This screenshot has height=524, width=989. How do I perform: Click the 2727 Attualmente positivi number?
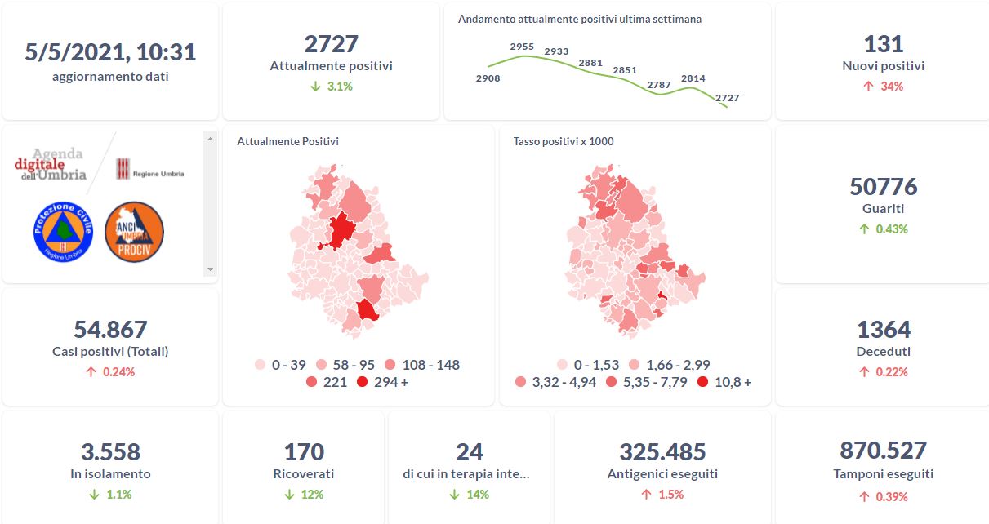331,44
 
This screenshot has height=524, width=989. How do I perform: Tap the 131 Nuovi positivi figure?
883,44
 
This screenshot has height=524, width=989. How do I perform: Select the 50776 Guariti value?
883,187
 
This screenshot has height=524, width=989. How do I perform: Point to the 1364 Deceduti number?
883,330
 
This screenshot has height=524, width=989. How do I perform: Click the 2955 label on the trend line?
522,47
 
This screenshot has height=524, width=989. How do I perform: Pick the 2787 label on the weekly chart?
658,85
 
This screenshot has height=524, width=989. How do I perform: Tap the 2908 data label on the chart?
488,78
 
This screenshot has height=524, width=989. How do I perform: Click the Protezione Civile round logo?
63,232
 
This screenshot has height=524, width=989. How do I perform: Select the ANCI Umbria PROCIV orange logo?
135,232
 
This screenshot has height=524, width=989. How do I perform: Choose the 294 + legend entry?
382,382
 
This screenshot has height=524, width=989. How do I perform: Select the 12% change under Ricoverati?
303,495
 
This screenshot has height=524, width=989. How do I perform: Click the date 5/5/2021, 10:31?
110,52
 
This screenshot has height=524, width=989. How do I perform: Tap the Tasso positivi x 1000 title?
564,141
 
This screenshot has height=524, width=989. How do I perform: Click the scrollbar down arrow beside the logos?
210,269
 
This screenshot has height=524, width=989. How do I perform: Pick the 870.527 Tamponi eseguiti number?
883,451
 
